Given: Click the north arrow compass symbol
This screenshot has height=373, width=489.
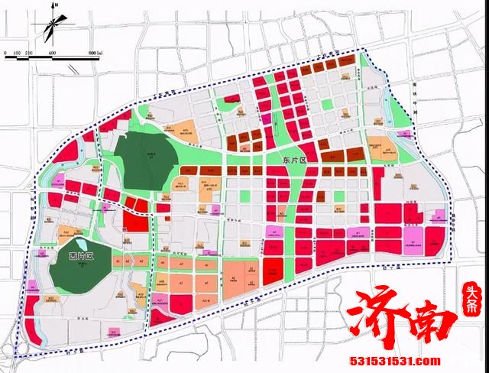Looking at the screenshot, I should pyautogui.click(x=52, y=27).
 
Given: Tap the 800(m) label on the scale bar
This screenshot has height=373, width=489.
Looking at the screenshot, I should pyautogui.click(x=96, y=51).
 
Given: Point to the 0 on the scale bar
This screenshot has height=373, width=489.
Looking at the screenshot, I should pyautogui.click(x=5, y=51).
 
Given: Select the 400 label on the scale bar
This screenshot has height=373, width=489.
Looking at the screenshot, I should pyautogui.click(x=52, y=51).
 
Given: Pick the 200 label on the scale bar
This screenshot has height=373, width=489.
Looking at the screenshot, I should pyautogui.click(x=29, y=51).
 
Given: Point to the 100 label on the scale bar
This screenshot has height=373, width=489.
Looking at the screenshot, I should pyautogui.click(x=16, y=51).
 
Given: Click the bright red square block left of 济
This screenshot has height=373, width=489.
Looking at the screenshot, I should pyautogui.click(x=273, y=269).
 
